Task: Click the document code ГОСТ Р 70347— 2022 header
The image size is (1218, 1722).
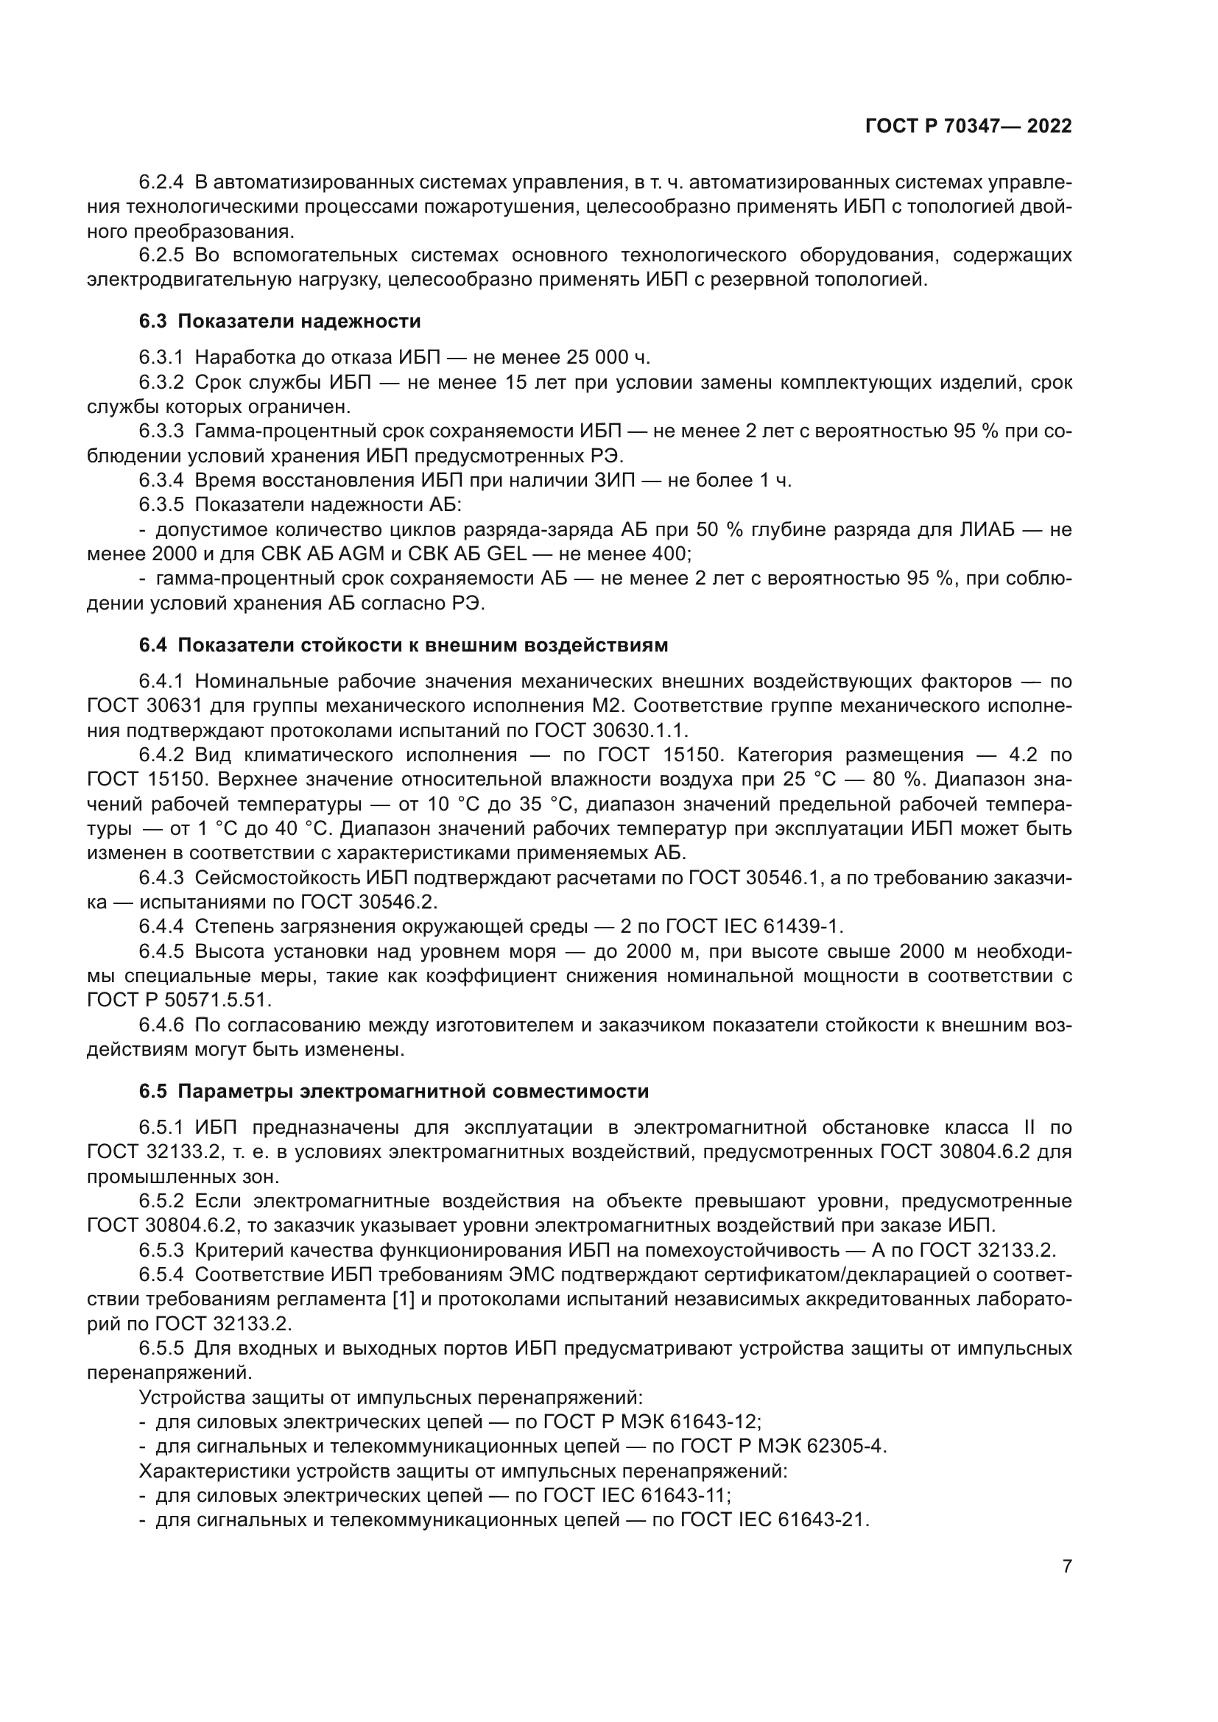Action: coord(968,127)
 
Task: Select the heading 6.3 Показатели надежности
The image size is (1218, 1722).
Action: coord(280,322)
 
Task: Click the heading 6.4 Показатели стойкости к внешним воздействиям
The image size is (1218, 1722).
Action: coord(404,645)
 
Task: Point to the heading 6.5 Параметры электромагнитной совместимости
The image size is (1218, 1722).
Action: coord(394,1091)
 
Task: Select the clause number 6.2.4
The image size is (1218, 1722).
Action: coord(161,183)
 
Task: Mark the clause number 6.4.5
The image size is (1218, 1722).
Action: coord(161,951)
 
